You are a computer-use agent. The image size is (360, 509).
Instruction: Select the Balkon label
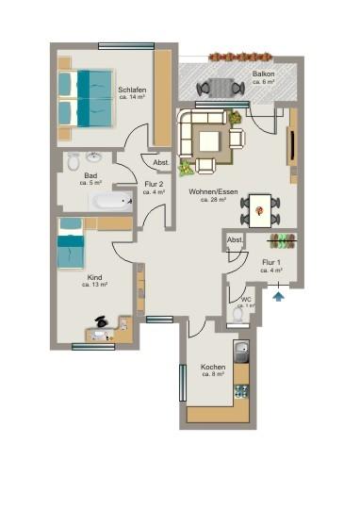pyautogui.click(x=263, y=74)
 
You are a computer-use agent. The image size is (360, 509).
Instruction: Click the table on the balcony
pyautogui.click(x=221, y=88)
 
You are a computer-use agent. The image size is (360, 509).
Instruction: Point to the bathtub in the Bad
pyautogui.click(x=111, y=201)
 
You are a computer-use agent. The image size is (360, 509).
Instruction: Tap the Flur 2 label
pyautogui.click(x=154, y=184)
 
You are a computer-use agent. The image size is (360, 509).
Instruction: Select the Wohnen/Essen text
pyautogui.click(x=213, y=192)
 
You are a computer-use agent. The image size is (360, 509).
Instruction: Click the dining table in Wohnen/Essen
pyautogui.click(x=259, y=208)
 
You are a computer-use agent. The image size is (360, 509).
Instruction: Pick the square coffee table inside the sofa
pyautogui.click(x=210, y=142)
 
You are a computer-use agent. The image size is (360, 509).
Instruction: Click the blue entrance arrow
pyautogui.click(x=278, y=297)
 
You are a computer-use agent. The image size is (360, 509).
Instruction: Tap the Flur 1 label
pyautogui.click(x=271, y=262)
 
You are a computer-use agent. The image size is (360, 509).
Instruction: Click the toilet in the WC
pyautogui.click(x=237, y=315)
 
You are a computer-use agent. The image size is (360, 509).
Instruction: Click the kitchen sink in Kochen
pyautogui.click(x=242, y=355)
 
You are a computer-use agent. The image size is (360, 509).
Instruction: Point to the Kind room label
pyautogui.click(x=94, y=278)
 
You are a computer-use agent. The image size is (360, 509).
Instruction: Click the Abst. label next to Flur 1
pyautogui.click(x=234, y=240)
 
